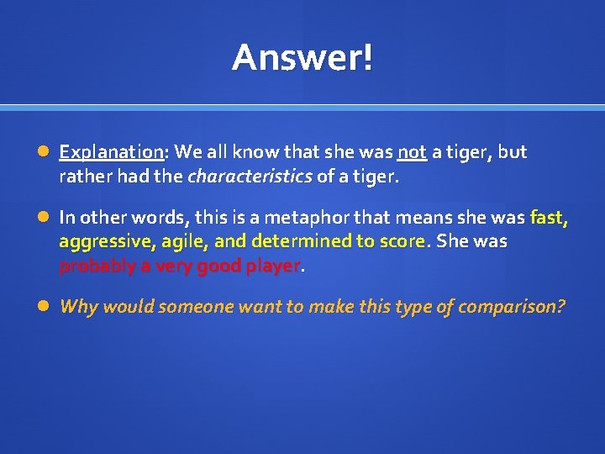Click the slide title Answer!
(x=302, y=58)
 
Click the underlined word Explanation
(x=111, y=153)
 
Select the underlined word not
(x=412, y=152)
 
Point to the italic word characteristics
(x=250, y=177)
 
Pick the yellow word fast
(x=549, y=218)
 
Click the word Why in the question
(x=78, y=307)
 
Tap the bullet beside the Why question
(x=44, y=307)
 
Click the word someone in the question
(x=193, y=307)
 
